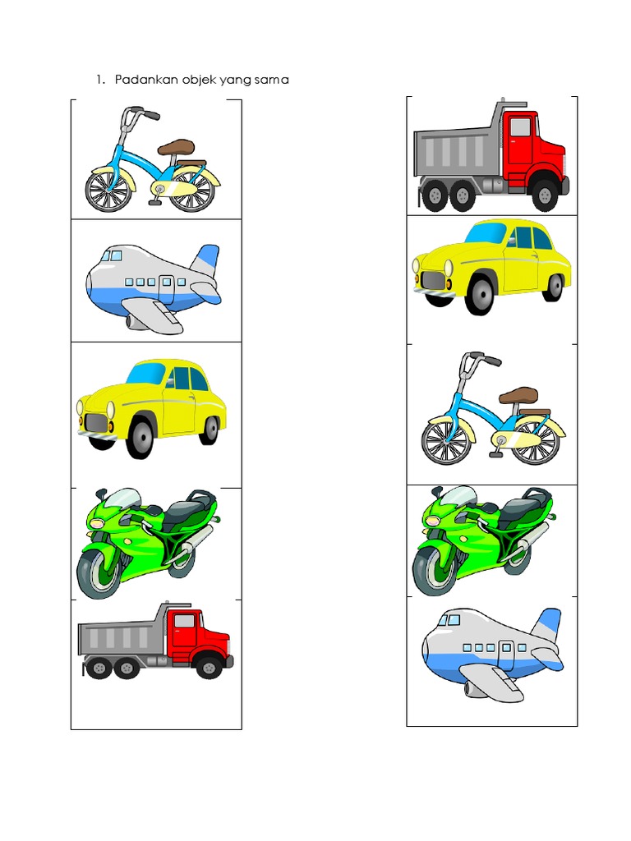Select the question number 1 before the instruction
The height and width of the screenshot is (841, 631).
coord(99,80)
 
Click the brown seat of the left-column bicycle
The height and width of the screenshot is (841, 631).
coord(176,148)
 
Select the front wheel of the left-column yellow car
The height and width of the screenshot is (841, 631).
coord(140,437)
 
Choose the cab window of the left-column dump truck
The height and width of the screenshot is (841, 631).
coord(184,621)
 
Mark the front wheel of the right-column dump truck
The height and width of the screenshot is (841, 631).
coord(544,195)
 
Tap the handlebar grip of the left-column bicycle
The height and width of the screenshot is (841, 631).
coord(151,115)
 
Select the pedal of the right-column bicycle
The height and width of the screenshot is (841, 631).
coord(497,453)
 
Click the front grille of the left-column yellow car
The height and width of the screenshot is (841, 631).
coord(96,423)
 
